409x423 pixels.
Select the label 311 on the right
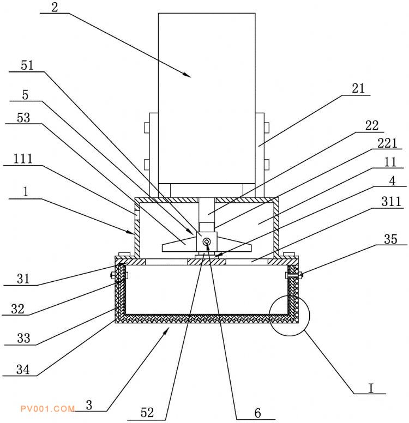(x=392, y=202)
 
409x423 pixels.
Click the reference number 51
(x=27, y=65)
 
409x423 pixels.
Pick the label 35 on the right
(x=391, y=238)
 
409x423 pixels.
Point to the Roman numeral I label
(x=370, y=388)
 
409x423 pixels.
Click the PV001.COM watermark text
(x=47, y=408)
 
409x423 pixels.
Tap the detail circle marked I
(x=288, y=317)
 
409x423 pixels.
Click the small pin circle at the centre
(x=207, y=241)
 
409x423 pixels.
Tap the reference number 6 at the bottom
(x=258, y=413)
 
